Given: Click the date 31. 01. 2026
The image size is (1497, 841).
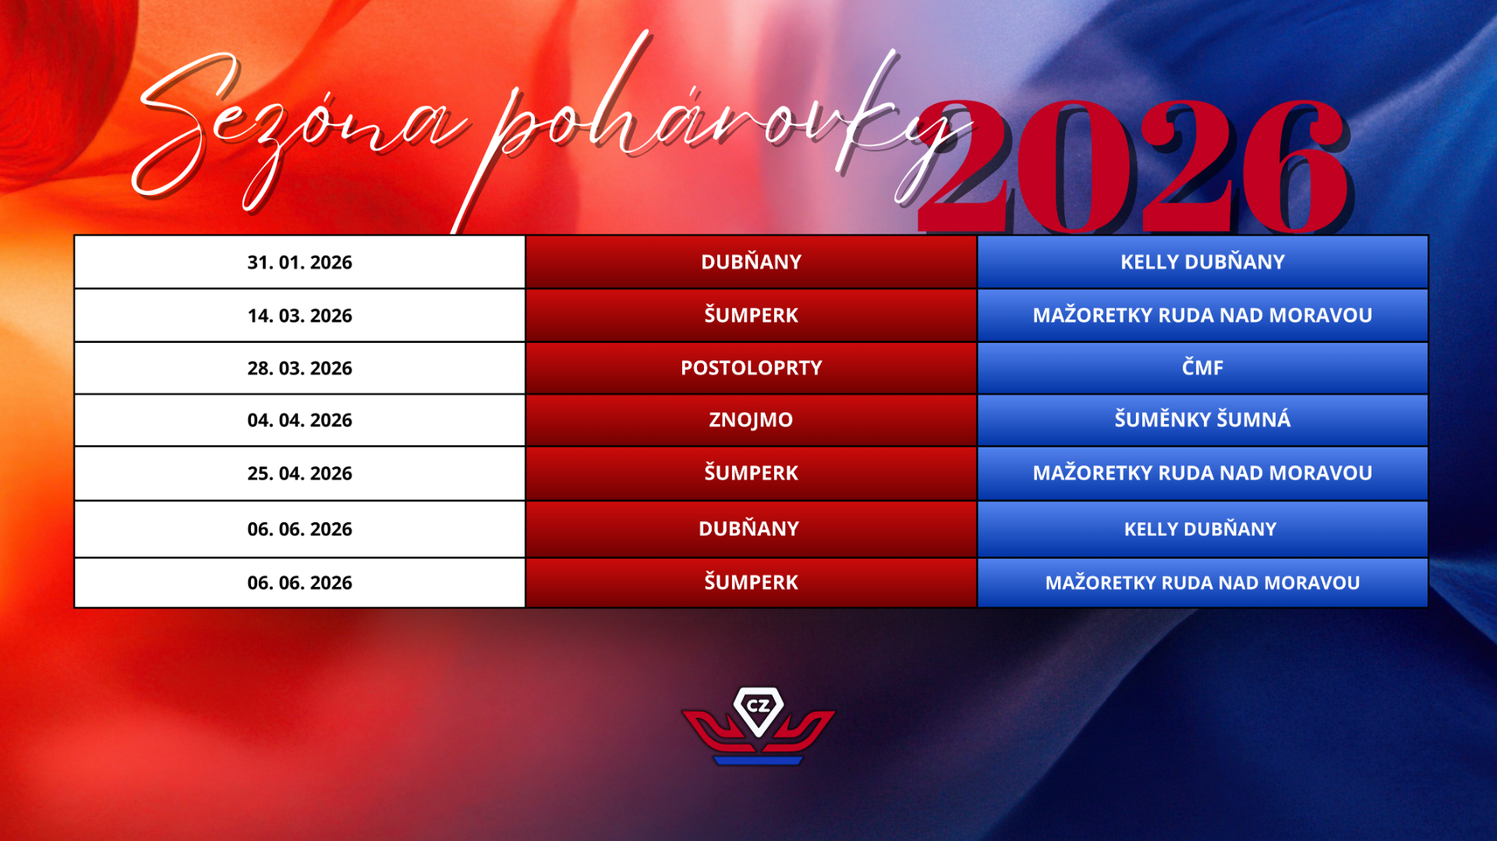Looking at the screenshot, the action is (x=299, y=263).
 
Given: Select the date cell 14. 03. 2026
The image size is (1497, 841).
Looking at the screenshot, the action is (x=299, y=316).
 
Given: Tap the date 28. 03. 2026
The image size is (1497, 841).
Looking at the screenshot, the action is (x=299, y=368).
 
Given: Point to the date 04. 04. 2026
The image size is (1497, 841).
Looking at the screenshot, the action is (x=299, y=420).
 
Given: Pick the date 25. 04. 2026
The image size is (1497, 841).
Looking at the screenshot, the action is (x=299, y=473).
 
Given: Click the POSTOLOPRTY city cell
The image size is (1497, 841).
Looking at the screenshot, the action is (x=751, y=368).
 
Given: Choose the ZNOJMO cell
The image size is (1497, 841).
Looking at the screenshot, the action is (x=751, y=420).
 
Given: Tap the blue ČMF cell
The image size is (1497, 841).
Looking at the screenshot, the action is (x=1202, y=367).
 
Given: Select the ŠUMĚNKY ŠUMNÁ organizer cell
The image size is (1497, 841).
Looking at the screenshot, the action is (x=1202, y=419).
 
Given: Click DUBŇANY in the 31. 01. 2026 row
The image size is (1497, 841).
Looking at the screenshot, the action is (x=751, y=261).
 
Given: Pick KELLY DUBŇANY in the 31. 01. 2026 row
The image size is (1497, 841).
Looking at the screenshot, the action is (x=1202, y=262).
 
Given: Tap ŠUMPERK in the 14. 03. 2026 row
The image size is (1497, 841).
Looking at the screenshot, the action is (x=751, y=315).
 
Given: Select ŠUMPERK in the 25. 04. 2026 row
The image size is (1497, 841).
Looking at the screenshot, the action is (x=751, y=472).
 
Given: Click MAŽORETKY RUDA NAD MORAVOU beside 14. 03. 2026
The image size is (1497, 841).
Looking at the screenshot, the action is (x=1202, y=315).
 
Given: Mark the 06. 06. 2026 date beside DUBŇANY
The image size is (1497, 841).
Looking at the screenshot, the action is (x=299, y=529).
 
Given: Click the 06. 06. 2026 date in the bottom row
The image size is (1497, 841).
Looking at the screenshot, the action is (x=299, y=583).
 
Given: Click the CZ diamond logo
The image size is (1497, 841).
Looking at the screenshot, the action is (x=758, y=725).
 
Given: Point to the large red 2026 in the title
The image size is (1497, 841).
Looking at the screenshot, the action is (x=1134, y=165).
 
